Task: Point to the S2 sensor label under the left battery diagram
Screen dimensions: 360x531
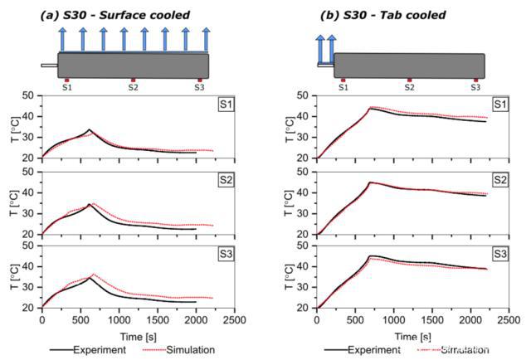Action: pyautogui.click(x=133, y=87)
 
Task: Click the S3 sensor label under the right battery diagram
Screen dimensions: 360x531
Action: pyautogui.click(x=475, y=87)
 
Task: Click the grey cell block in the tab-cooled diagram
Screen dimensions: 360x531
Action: pyautogui.click(x=409, y=66)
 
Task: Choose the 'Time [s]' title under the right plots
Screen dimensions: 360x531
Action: pyautogui.click(x=412, y=335)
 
